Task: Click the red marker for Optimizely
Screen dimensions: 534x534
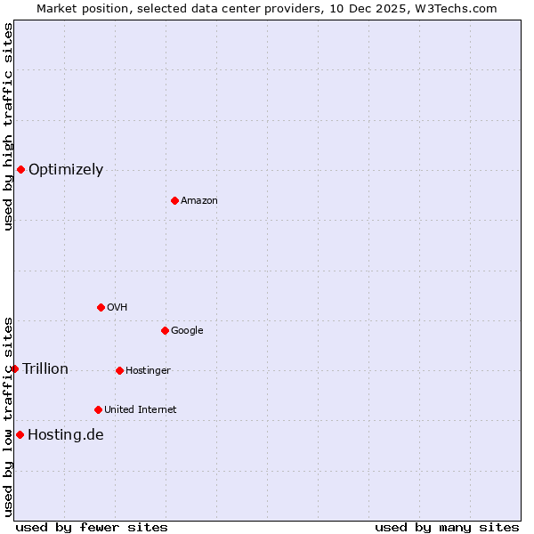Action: tap(20, 169)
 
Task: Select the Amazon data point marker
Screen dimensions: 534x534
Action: tap(174, 200)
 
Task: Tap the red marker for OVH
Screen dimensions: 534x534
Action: tap(101, 307)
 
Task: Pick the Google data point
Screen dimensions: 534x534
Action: tap(165, 330)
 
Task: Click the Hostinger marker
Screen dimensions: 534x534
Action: tap(119, 370)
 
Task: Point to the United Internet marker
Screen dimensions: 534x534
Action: tap(98, 409)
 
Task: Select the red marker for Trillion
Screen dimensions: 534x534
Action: tap(14, 368)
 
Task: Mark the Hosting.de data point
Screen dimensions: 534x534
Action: tap(20, 434)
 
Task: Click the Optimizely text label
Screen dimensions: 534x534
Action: tap(66, 170)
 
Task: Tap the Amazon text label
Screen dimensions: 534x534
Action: tap(198, 201)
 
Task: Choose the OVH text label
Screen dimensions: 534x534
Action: tap(117, 308)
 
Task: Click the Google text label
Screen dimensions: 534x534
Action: tap(187, 331)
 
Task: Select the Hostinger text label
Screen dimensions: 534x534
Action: tap(148, 371)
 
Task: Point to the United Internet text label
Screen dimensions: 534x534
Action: tap(140, 410)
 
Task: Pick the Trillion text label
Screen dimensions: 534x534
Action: tap(45, 369)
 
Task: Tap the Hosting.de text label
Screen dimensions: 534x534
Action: tap(66, 435)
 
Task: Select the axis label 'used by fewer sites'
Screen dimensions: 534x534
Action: tap(92, 527)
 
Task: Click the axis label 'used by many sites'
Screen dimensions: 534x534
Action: tap(447, 527)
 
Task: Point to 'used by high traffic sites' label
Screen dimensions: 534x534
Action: tap(9, 126)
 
